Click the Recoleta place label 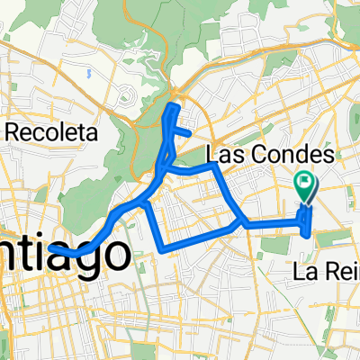click(51, 131)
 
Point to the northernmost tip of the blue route click(171, 107)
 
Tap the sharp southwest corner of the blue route click(161, 249)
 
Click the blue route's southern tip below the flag click(312, 238)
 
